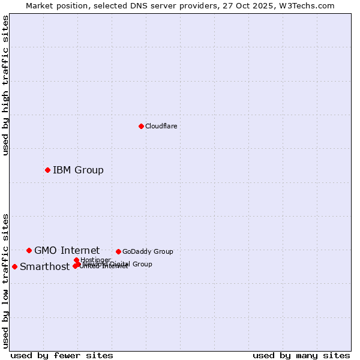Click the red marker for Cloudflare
(141, 126)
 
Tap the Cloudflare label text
(161, 126)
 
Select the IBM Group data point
(47, 170)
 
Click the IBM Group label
(78, 170)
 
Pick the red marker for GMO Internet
(29, 250)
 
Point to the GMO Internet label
(67, 250)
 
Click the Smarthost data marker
(14, 266)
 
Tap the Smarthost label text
(44, 267)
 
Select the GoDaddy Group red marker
(118, 251)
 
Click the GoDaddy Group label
(148, 251)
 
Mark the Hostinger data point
(76, 260)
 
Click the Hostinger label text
(95, 260)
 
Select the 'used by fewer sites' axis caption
(62, 355)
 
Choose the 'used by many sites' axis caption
(301, 355)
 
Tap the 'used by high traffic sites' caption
(5, 85)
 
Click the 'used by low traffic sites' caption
(5, 280)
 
